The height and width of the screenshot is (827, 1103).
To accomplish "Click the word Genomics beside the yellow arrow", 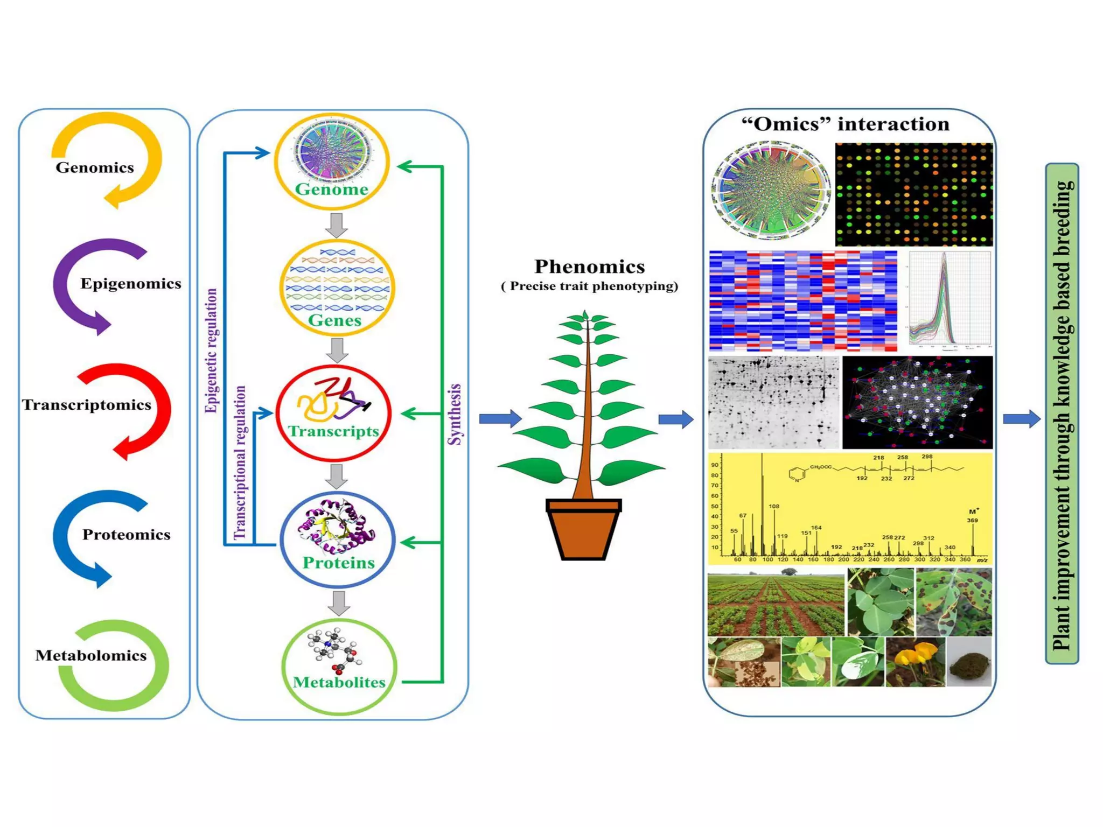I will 95,167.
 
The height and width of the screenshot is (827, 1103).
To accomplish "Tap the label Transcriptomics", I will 86,405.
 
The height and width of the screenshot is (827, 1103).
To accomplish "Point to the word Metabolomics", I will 91,655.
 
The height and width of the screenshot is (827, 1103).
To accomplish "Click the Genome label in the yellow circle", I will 331,190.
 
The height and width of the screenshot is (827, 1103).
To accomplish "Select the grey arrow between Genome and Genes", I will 337,225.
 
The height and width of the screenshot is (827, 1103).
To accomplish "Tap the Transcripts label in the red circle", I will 333,431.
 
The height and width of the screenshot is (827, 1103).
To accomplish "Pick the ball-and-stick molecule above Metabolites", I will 334,649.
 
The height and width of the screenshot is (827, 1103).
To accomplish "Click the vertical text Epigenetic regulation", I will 212,351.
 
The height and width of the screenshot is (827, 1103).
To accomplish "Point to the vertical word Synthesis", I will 455,414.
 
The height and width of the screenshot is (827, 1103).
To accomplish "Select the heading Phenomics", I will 589,267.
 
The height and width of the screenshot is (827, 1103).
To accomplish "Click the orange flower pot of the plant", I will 583,531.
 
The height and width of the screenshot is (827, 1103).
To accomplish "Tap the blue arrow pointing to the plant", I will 500,418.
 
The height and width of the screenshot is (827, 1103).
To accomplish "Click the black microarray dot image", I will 913,194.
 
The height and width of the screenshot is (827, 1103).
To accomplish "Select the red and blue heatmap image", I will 803,300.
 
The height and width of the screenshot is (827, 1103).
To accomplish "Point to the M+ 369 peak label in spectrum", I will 972,516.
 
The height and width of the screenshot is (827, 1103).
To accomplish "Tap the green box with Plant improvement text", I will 1062,413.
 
